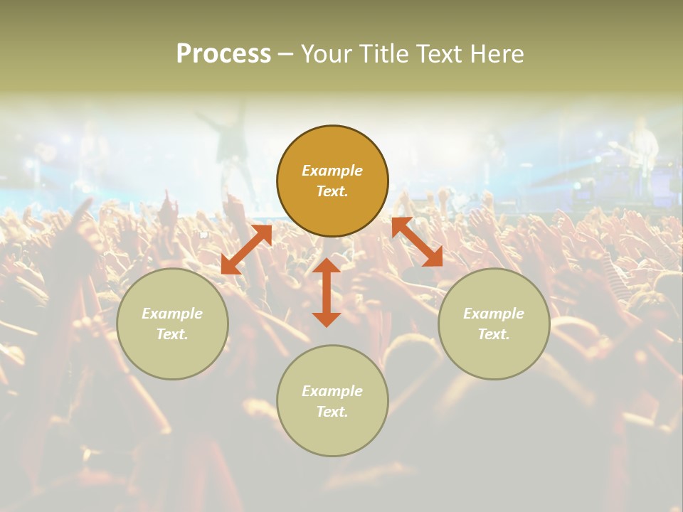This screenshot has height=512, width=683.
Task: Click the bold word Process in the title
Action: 223,54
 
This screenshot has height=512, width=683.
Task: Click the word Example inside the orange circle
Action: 332,171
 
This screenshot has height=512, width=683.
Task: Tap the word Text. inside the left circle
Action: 172,334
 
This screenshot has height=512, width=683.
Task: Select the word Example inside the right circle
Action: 494,314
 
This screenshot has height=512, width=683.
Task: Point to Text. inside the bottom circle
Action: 332,412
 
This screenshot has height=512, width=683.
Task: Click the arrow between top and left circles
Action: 247,249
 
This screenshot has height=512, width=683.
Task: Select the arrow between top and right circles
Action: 417,242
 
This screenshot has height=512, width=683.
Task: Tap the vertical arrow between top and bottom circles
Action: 327,292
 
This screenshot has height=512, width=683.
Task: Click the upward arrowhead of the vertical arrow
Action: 327,265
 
